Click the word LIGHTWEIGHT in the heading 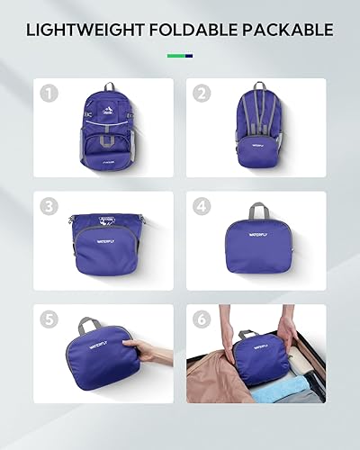[81, 30]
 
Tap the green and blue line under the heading [179, 56]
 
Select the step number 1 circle [49, 93]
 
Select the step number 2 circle [203, 93]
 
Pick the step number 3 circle [49, 206]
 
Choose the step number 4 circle [203, 206]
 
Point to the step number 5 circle [49, 319]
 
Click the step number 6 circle [203, 319]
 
